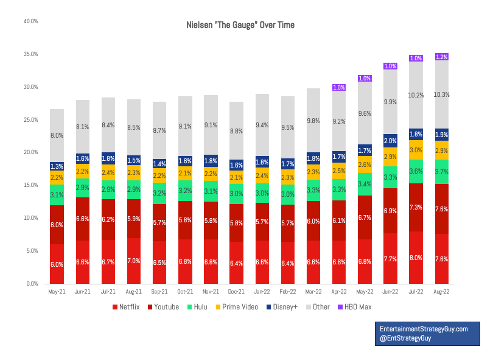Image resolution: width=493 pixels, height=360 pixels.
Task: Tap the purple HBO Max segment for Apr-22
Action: (x=339, y=88)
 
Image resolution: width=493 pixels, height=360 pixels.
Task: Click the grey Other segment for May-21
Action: (x=57, y=136)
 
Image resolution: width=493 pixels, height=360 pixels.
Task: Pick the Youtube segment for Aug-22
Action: (x=442, y=209)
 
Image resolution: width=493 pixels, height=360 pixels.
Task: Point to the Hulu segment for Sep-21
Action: (x=159, y=194)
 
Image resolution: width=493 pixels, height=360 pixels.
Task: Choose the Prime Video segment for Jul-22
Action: (x=416, y=150)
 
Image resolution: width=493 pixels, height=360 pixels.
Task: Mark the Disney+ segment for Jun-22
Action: (x=390, y=141)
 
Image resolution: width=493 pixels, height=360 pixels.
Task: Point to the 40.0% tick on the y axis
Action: (x=30, y=21)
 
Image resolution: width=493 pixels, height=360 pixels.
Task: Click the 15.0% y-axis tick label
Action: (x=30, y=185)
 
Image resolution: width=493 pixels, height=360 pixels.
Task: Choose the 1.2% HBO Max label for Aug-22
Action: (x=442, y=57)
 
